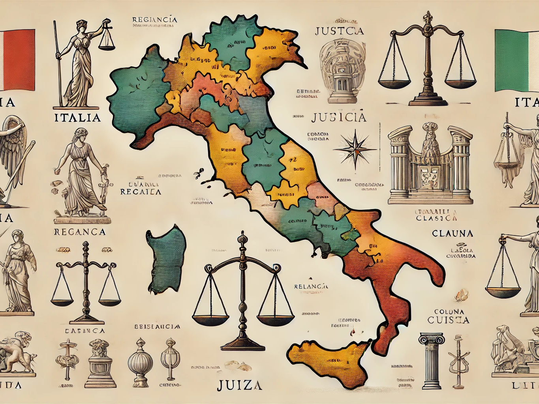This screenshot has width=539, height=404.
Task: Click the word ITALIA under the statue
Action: (77, 118)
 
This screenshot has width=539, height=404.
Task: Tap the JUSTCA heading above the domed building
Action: (340, 31)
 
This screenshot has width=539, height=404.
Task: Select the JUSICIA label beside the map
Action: (338, 117)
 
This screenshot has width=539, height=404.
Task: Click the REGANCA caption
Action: (79, 232)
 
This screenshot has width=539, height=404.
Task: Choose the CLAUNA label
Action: (453, 233)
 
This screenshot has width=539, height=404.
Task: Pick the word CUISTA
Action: (448, 320)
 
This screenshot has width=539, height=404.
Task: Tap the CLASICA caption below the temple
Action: (437, 218)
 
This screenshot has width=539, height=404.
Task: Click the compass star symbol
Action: (355, 150)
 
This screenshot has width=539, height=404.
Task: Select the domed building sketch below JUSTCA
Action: (340, 73)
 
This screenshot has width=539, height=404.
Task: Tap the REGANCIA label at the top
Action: (154, 19)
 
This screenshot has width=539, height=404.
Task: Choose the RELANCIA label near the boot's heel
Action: (311, 286)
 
